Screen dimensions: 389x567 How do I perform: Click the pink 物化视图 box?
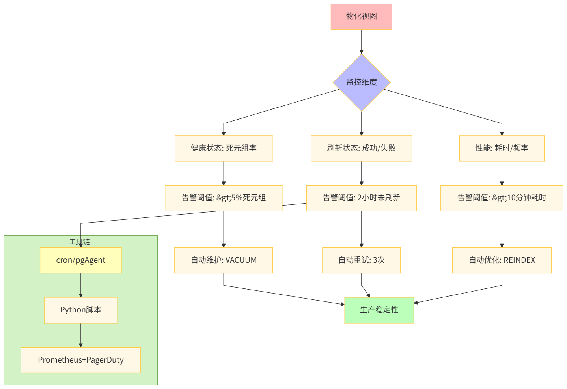point(361,17)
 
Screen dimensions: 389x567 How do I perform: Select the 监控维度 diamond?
point(361,82)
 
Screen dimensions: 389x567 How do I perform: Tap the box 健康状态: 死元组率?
point(224,148)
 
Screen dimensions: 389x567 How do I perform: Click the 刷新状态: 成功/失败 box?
point(361,148)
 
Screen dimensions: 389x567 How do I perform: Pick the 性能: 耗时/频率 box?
point(502,148)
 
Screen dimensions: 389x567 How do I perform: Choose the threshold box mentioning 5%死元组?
point(224,198)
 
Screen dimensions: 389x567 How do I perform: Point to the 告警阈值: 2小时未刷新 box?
point(361,198)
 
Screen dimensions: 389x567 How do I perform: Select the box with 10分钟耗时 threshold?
point(502,198)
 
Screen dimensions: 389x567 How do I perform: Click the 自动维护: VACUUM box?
point(224,260)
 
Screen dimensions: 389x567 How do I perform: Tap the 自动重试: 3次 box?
point(361,260)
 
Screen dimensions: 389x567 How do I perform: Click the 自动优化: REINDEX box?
point(502,260)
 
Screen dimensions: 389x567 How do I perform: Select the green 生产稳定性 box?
point(379,310)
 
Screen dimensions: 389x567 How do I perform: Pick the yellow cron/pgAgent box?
point(81,260)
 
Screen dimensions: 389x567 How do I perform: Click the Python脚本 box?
point(81,310)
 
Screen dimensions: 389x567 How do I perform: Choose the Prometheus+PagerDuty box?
point(81,360)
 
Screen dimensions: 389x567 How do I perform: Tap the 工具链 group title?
point(80,241)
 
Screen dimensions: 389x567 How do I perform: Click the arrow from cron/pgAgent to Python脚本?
point(81,285)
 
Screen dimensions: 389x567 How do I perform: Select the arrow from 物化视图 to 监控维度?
point(361,41)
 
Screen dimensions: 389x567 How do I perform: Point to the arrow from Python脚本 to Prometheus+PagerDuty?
point(81,335)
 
